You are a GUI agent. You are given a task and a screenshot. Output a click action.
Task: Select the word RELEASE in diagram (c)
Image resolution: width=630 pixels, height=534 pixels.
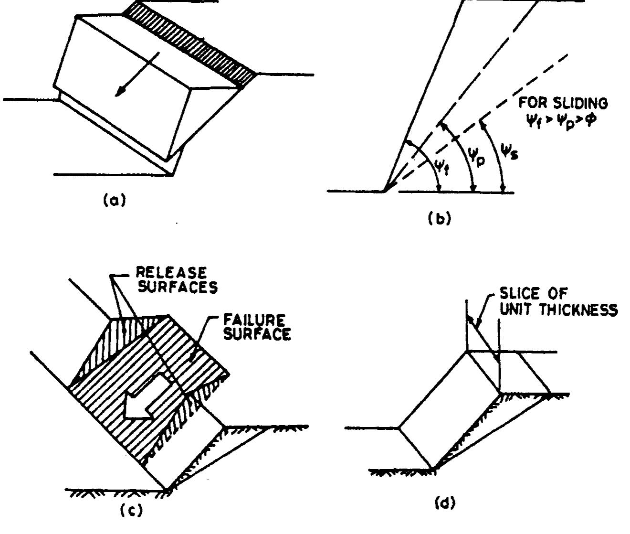pyautogui.click(x=171, y=273)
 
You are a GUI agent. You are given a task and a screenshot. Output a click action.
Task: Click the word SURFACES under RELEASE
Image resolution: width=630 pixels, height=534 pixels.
pyautogui.click(x=177, y=287)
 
